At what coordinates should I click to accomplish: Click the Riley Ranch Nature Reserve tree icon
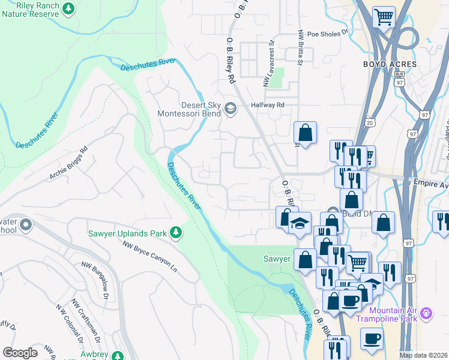click(x=70, y=8)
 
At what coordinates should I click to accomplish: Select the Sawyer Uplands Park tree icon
click(x=176, y=232)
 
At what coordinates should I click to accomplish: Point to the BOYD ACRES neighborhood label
click(x=388, y=63)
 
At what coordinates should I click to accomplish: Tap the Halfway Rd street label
click(x=267, y=104)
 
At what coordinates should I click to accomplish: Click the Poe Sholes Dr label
click(x=327, y=34)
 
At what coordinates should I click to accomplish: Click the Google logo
click(x=20, y=353)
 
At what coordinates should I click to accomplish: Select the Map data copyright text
click(x=424, y=355)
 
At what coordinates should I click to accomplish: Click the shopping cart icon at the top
click(x=384, y=16)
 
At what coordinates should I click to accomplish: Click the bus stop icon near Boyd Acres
click(x=400, y=74)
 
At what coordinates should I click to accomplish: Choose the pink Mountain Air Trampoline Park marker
click(x=427, y=313)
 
